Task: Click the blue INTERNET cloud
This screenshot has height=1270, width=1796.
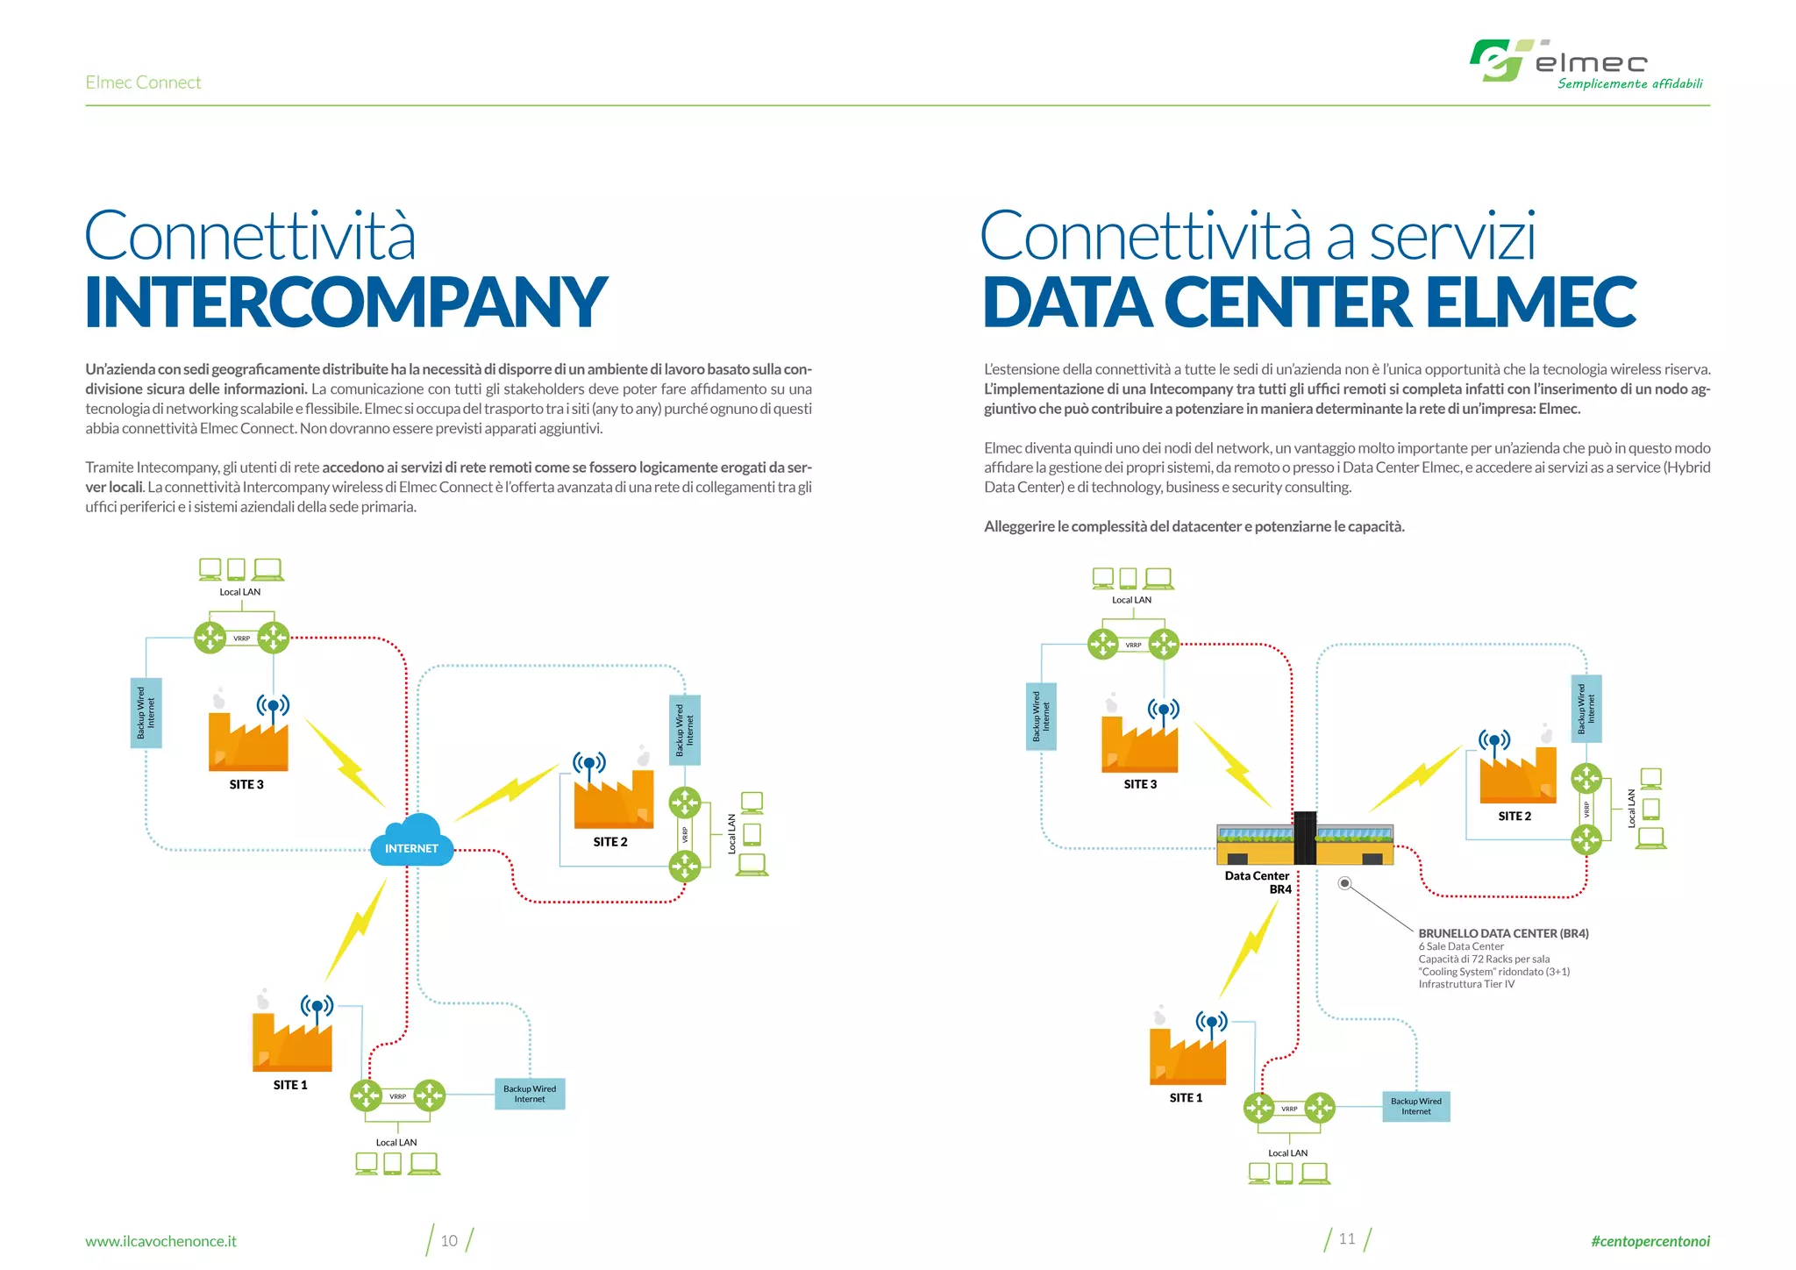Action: click(x=411, y=841)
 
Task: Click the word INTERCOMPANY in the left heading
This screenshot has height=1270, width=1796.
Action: click(x=346, y=303)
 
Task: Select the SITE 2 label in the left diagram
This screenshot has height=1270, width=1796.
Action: click(x=610, y=842)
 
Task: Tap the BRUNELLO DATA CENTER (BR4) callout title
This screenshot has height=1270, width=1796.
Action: click(x=1503, y=933)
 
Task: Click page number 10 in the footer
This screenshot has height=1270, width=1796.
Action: click(x=449, y=1240)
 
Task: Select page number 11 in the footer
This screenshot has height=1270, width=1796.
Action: click(x=1347, y=1238)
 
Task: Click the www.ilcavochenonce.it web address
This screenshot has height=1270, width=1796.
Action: click(x=160, y=1241)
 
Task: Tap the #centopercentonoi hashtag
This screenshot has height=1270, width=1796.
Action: click(x=1650, y=1241)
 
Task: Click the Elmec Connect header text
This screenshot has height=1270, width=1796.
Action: click(x=143, y=82)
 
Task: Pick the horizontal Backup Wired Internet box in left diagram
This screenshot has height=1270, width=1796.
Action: click(x=530, y=1094)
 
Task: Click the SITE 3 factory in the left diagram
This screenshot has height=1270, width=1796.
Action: click(x=248, y=741)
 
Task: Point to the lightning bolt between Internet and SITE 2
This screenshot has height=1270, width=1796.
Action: click(x=506, y=792)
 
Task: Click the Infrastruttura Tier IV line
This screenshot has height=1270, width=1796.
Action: click(x=1466, y=984)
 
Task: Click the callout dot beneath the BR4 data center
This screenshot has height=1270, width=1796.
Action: click(x=1344, y=883)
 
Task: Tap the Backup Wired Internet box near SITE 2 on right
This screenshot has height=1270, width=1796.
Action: click(x=1586, y=709)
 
